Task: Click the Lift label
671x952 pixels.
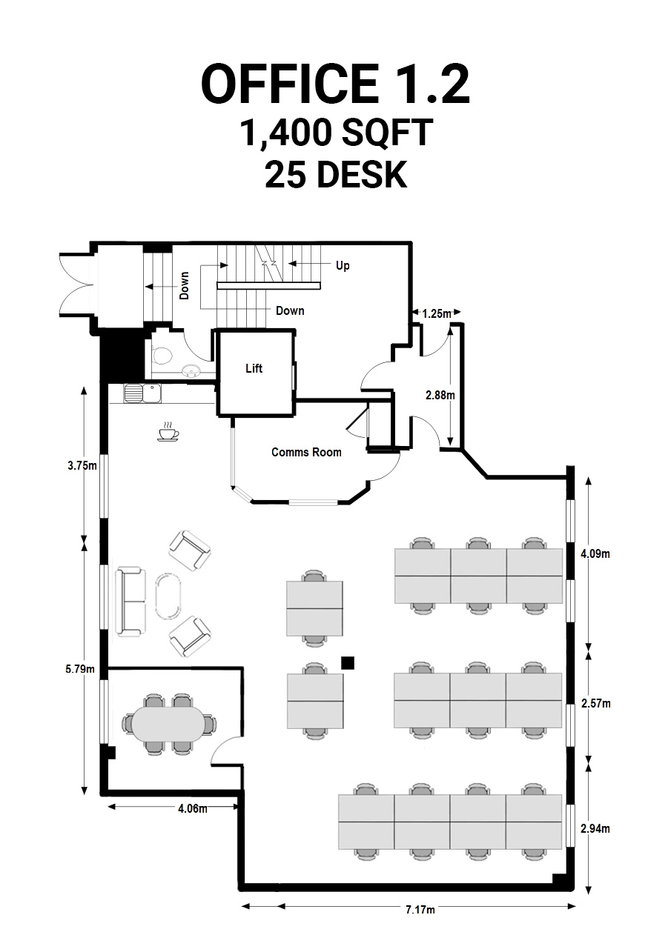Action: (x=254, y=368)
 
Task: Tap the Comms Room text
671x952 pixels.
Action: (x=306, y=452)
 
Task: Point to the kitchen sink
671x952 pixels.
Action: (x=142, y=393)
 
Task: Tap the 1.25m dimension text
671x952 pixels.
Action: (x=436, y=313)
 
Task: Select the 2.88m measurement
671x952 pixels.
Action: (x=440, y=396)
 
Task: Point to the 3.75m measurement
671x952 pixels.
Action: (x=82, y=466)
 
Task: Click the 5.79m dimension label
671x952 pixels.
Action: (x=80, y=669)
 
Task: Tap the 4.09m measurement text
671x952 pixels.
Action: (x=595, y=553)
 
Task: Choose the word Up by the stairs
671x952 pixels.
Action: (x=343, y=266)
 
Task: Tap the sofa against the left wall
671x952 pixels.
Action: (x=130, y=601)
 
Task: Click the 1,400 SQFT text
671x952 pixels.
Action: (x=337, y=133)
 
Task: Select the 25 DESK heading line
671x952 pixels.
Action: (x=336, y=174)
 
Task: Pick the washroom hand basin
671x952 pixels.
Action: (x=191, y=371)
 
